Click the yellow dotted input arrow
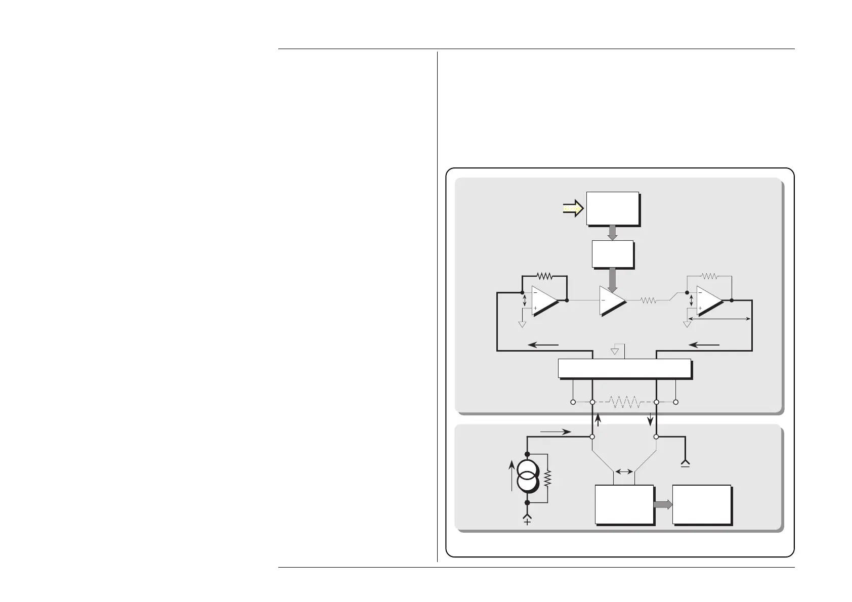[573, 208]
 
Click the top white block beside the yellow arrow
[612, 208]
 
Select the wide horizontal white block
[624, 368]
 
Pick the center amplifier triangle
[611, 300]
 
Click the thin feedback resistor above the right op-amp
[709, 276]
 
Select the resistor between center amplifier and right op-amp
[648, 300]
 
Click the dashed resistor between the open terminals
[624, 402]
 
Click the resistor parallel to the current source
[547, 477]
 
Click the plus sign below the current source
[527, 522]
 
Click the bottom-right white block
[701, 504]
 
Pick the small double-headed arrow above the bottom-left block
[624, 471]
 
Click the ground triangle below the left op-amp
[522, 324]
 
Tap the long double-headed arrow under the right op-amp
[718, 319]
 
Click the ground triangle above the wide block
[615, 351]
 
